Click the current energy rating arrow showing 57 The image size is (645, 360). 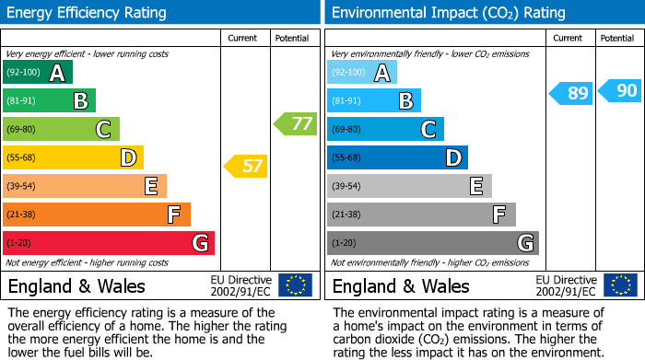pos(246,167)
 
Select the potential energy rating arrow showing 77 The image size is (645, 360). pos(296,123)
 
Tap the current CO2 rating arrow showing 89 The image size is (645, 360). pos(571,93)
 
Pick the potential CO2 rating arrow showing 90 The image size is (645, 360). pos(620,90)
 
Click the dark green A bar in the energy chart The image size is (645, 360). pos(38,73)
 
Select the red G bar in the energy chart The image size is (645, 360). pos(109,243)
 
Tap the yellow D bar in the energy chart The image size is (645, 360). pos(73,158)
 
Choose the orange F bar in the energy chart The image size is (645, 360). pos(97,215)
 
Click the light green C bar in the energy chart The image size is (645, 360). pos(61,130)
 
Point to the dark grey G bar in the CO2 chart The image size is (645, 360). pos(432,243)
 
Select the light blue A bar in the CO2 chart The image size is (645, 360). pos(362,73)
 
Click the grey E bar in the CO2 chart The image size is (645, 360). pos(409,186)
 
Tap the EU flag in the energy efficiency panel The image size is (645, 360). pos(295,285)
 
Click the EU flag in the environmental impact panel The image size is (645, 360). pos(619,285)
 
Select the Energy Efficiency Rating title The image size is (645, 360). pos(88,13)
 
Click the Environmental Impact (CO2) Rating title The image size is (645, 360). pos(448,13)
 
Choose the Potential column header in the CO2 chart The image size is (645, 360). pos(616,38)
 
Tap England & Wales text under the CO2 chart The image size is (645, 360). pos(401,285)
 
